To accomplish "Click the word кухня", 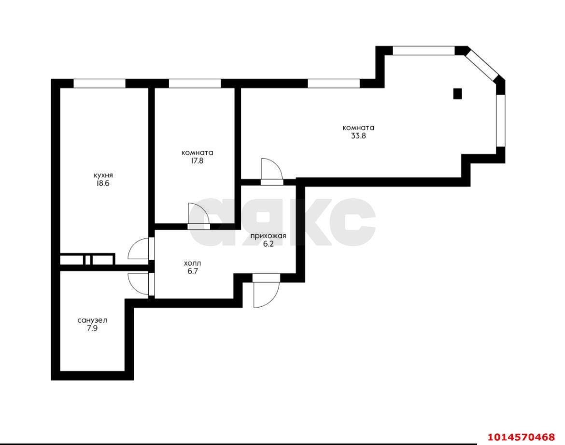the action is tap(103, 176).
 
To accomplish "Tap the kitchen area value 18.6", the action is tap(102, 183).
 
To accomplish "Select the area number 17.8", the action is tap(197, 161).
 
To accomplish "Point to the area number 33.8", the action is tap(358, 136).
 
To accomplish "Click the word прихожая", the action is tap(268, 237).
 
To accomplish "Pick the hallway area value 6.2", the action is tap(268, 244).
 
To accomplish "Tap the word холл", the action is tap(192, 263).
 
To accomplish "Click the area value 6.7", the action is tap(192, 271).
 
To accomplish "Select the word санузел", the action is tap(92, 321).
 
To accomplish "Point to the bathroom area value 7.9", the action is tap(92, 328).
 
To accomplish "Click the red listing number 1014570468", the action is tap(522, 437).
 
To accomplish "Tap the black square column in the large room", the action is tap(457, 93).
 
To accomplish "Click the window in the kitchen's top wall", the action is tap(100, 83).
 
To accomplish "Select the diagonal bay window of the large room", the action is tap(481, 65).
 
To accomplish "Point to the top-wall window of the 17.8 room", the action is tap(195, 83).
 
